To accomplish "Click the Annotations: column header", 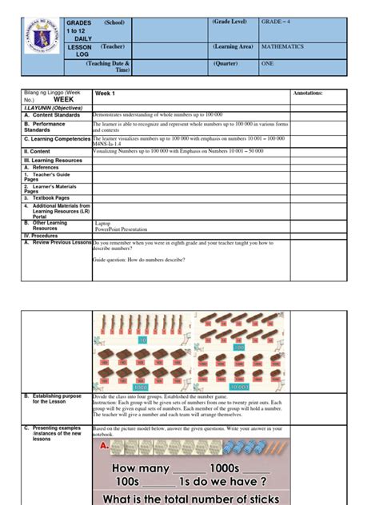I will [x=309, y=93].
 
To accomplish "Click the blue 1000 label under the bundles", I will [x=142, y=387].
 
